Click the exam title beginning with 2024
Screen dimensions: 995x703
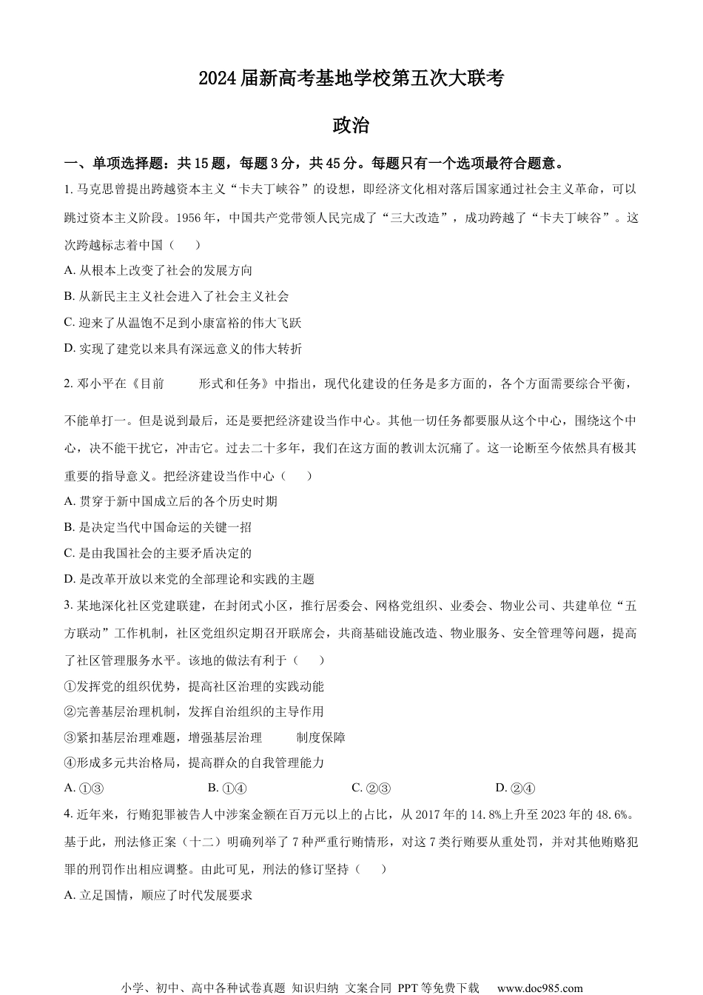click(x=351, y=78)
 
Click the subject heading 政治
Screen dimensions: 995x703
click(x=351, y=126)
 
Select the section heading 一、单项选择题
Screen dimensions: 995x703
click(x=110, y=164)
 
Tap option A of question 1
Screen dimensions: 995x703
click(x=158, y=270)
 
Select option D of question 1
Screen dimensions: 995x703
click(x=183, y=349)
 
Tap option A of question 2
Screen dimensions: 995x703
click(x=171, y=501)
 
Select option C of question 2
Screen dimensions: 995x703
click(x=158, y=553)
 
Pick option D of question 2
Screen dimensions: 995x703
click(x=189, y=579)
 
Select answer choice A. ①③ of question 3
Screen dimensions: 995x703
click(x=83, y=788)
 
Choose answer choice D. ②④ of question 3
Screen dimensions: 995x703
click(x=515, y=788)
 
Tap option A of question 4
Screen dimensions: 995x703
click(x=158, y=895)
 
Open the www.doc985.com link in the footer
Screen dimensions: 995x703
click(x=539, y=988)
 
